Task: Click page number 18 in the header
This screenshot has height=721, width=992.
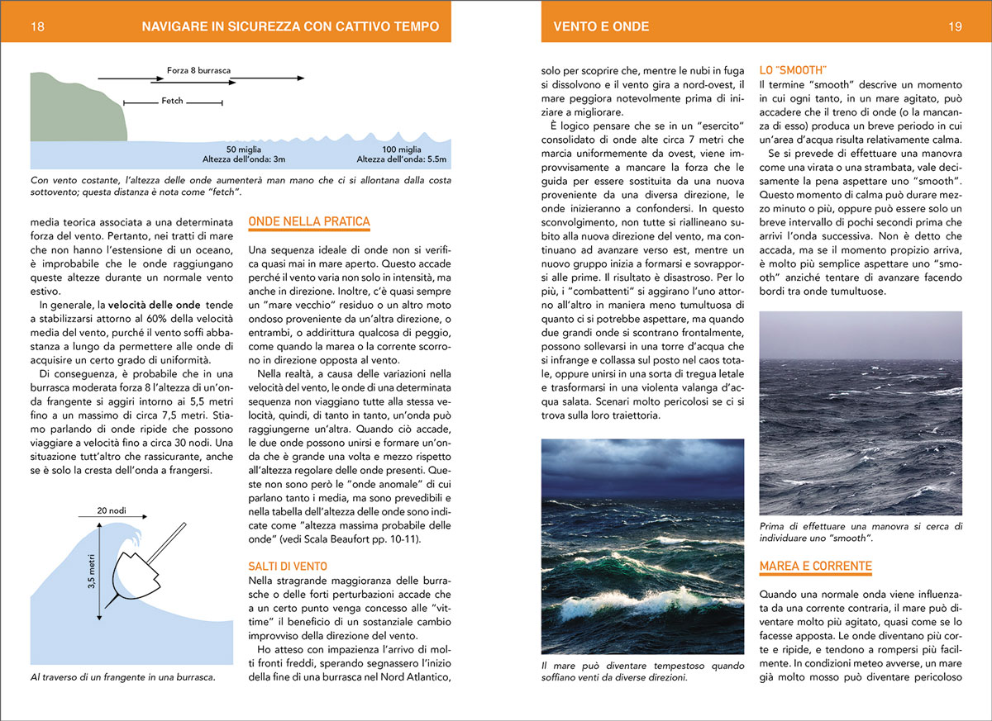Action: point(37,26)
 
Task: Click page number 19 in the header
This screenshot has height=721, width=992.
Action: point(955,26)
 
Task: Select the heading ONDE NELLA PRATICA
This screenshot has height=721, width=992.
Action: point(309,222)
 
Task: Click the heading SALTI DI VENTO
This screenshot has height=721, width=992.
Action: point(288,567)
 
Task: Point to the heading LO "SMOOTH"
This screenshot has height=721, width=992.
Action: point(793,70)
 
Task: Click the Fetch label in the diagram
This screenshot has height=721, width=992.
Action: point(172,101)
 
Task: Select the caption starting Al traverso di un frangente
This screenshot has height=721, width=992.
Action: point(122,677)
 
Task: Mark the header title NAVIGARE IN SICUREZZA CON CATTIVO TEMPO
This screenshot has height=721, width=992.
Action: point(290,26)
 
